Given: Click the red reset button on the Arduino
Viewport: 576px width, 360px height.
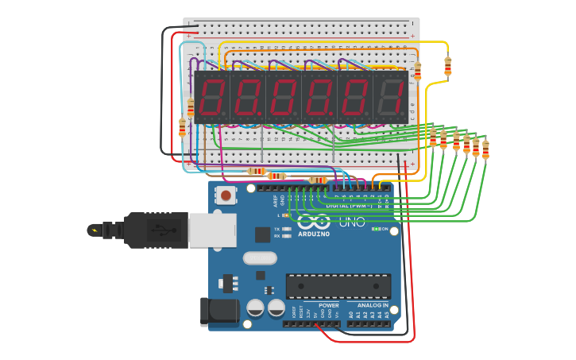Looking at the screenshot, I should point(226,195).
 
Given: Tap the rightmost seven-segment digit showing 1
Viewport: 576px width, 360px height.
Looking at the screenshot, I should point(391,98).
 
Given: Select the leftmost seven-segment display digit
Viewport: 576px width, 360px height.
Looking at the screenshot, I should point(211,98).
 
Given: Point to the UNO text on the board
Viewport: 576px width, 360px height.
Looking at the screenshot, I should point(352,222).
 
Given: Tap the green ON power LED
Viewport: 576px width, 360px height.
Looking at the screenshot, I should point(375,229).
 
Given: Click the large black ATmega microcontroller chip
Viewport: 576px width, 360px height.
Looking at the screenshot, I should point(338,286).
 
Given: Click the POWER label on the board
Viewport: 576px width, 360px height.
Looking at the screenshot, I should point(329,305).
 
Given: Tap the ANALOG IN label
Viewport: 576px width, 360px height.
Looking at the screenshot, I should point(372,305).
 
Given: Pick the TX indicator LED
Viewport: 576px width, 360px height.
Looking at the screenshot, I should point(287,229).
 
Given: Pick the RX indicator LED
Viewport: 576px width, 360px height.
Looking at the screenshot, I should point(287,236).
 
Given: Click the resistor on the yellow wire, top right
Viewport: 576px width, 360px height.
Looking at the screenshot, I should point(447,65).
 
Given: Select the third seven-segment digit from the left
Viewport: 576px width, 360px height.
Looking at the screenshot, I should point(283,98).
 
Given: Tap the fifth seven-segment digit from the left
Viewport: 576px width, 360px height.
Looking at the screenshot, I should point(354,98).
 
